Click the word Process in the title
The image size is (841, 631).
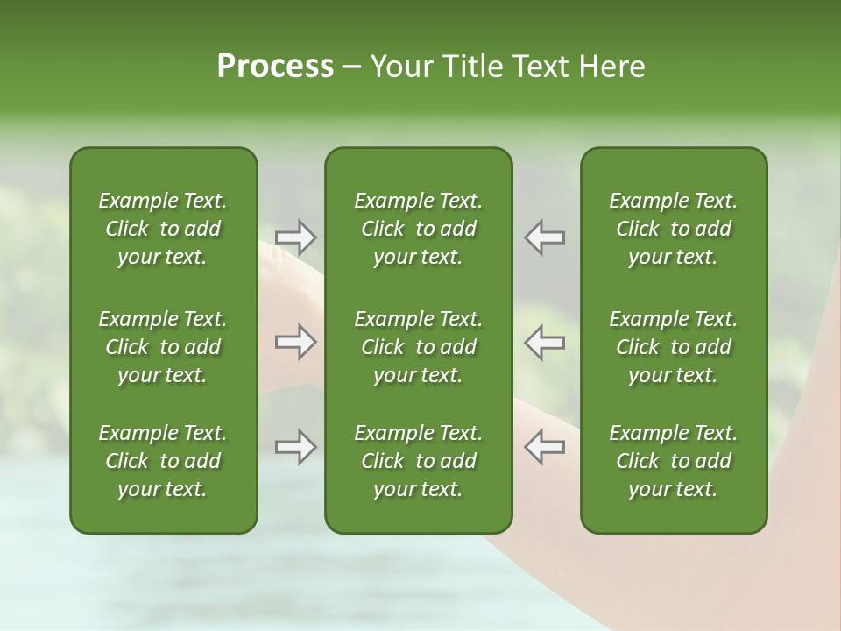[x=275, y=67]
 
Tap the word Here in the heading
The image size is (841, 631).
[x=611, y=67]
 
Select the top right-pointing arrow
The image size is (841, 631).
[x=295, y=237]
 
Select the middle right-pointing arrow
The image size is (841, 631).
[x=295, y=342]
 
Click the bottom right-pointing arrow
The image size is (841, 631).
[x=295, y=447]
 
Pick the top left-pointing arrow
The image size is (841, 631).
[x=544, y=237]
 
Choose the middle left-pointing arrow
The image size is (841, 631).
[x=544, y=342]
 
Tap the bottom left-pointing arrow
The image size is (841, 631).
[x=544, y=447]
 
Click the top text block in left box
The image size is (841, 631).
[x=163, y=229]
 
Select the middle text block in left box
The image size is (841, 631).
[x=163, y=347]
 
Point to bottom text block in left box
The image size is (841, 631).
[x=163, y=461]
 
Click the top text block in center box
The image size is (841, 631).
[x=419, y=229]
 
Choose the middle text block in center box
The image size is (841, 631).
[x=419, y=347]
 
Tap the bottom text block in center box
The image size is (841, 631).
[x=419, y=461]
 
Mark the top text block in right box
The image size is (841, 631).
[x=674, y=229]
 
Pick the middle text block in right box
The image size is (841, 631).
[x=674, y=347]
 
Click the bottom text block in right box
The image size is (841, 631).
[x=674, y=461]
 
